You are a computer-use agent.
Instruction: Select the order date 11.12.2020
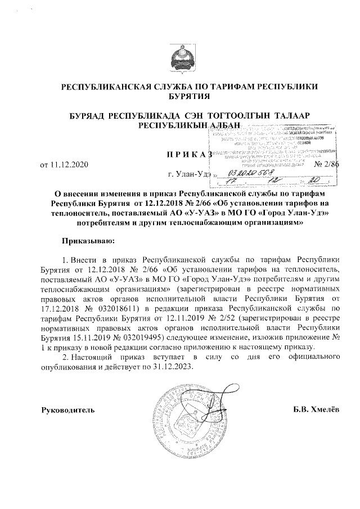tap(67, 165)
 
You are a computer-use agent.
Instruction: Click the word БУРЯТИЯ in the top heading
tap(180, 96)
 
